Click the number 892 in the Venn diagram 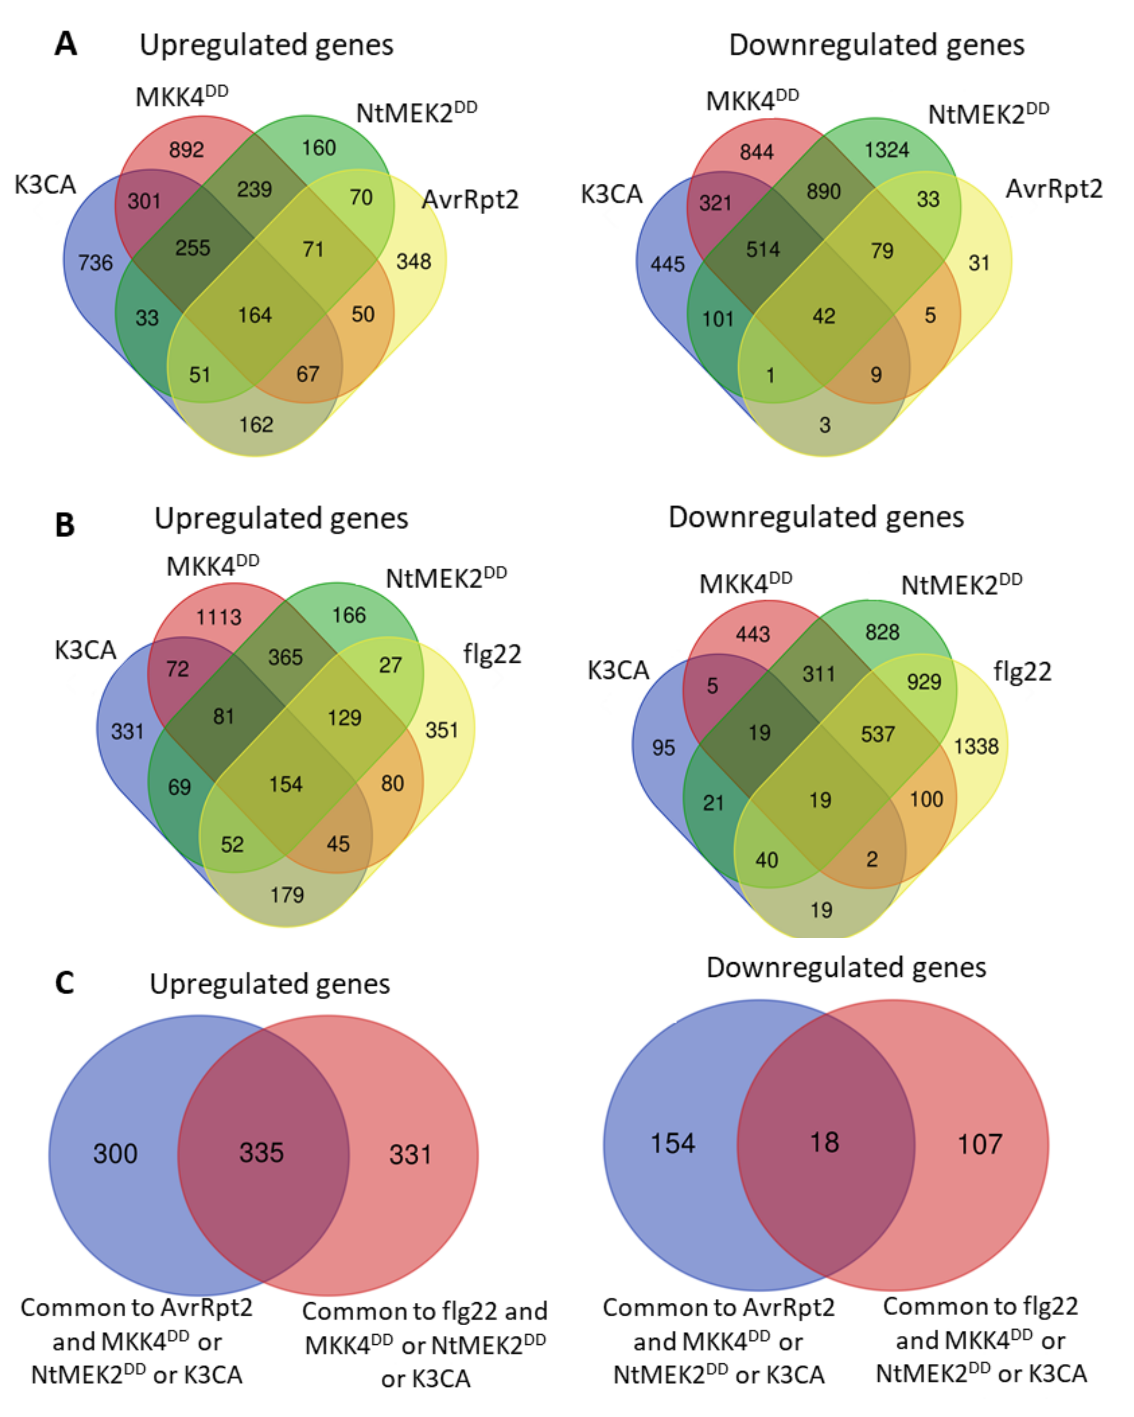pyautogui.click(x=187, y=150)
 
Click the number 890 pyautogui.click(x=824, y=191)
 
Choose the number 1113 pyautogui.click(x=219, y=617)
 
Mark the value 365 pyautogui.click(x=285, y=657)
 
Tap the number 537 pyautogui.click(x=878, y=734)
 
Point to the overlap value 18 pyautogui.click(x=824, y=1142)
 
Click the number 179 pyautogui.click(x=287, y=895)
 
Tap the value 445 pyautogui.click(x=667, y=264)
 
